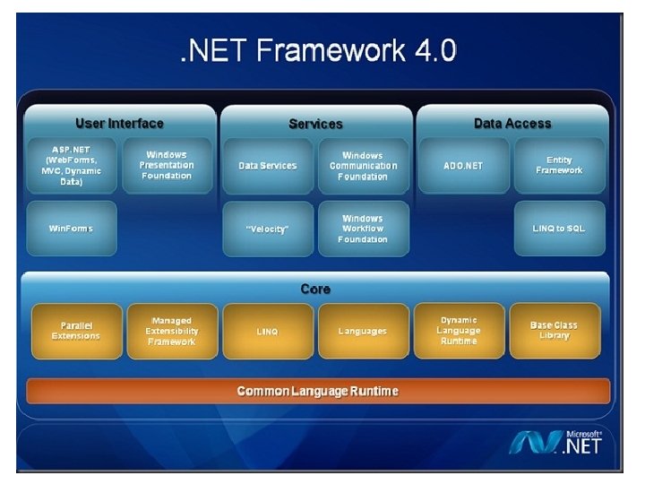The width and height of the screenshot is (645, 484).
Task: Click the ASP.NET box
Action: (71, 165)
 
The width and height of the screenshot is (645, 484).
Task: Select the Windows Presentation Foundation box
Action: (167, 165)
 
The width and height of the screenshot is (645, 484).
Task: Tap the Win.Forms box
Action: (71, 229)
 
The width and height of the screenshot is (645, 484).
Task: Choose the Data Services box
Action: (267, 165)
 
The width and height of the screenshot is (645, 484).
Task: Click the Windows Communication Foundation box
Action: (363, 165)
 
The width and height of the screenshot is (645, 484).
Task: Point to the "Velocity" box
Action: (267, 229)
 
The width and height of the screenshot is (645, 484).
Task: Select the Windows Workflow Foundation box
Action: (363, 229)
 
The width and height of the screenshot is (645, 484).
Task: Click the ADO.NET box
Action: (463, 165)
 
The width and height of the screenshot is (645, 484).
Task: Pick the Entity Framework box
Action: (559, 165)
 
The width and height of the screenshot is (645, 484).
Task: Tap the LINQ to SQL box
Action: (559, 229)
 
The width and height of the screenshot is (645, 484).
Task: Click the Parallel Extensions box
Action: (75, 331)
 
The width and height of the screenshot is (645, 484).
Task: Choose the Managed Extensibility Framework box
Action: (171, 331)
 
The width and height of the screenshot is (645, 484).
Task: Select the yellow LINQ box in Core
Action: (267, 331)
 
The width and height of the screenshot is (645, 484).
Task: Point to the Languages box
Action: (363, 331)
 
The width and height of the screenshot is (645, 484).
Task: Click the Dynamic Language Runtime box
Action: (459, 331)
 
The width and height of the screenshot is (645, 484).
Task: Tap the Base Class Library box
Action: (554, 331)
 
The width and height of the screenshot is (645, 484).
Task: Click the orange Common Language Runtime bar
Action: (317, 391)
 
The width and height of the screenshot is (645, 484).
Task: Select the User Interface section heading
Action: (119, 123)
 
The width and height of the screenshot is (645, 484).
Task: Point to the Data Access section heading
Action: (512, 123)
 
